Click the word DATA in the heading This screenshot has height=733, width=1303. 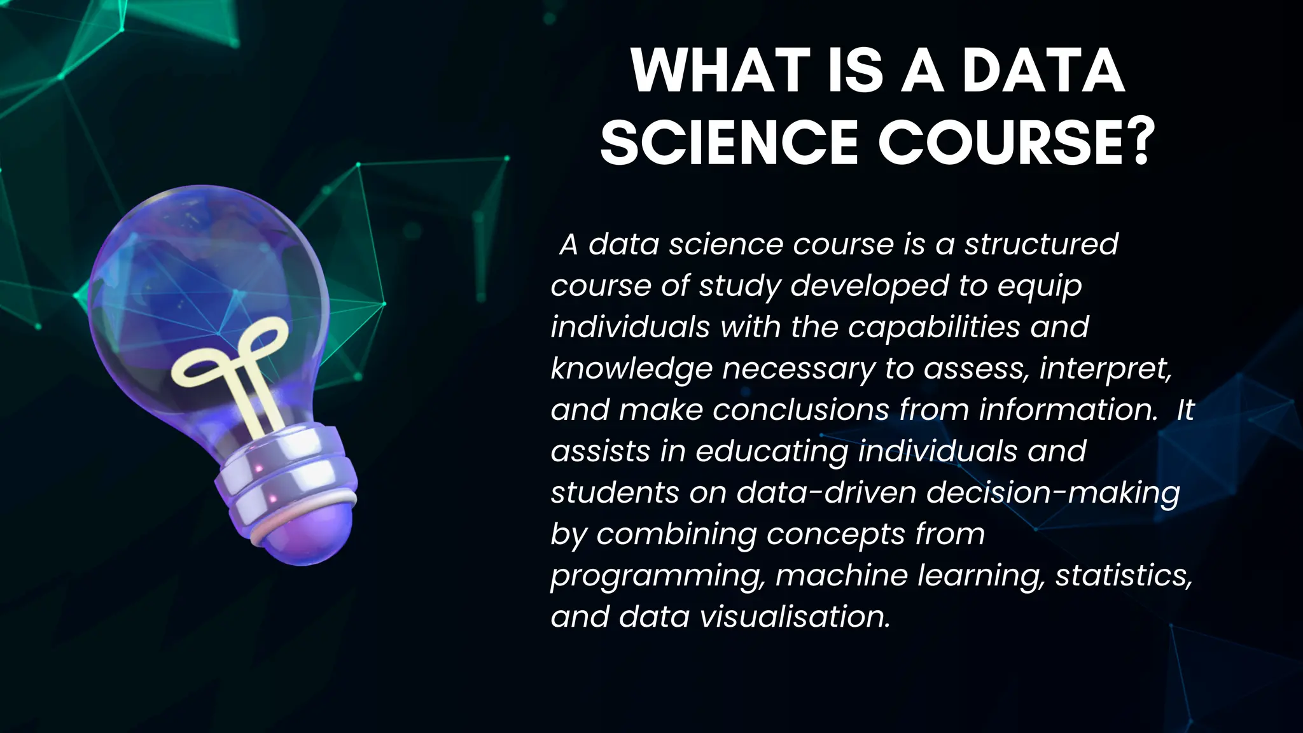coord(1043,71)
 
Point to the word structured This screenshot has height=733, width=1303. coord(1041,244)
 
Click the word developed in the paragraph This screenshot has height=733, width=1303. coord(869,286)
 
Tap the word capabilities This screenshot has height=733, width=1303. coord(934,328)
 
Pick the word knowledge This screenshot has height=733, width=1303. coord(631,369)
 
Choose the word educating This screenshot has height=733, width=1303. coord(772,452)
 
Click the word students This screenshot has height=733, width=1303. coord(615,492)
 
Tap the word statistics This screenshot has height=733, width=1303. coord(1123,575)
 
